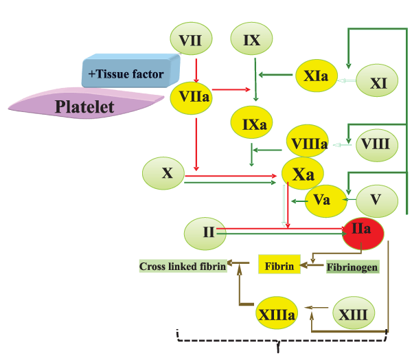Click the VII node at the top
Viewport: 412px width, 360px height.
click(x=190, y=41)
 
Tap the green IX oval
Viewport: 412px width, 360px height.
click(x=252, y=41)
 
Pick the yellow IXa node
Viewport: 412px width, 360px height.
click(x=252, y=124)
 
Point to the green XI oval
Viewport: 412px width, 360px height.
click(x=378, y=82)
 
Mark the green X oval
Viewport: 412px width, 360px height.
click(x=167, y=174)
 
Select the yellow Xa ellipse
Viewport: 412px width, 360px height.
click(x=304, y=175)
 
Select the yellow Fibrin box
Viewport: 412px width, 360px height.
click(x=279, y=265)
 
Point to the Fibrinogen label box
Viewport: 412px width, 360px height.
click(x=352, y=266)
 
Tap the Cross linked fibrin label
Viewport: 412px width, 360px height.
click(x=183, y=266)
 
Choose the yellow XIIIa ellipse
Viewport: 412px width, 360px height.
click(x=277, y=315)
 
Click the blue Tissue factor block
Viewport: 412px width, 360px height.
click(x=130, y=71)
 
